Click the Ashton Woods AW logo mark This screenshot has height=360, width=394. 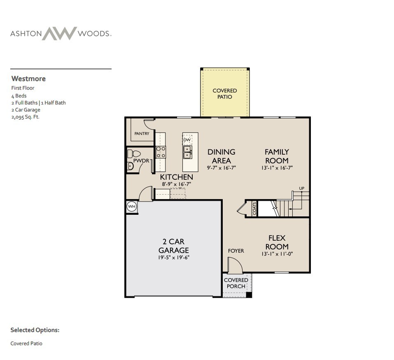[60, 33]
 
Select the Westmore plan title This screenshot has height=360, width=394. [28, 79]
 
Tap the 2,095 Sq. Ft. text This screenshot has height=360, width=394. [25, 117]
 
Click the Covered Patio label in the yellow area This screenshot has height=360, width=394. [224, 94]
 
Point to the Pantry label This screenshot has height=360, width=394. [142, 134]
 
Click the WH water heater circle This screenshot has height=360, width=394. [131, 207]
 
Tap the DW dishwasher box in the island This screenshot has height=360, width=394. [187, 140]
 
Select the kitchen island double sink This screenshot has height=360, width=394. [187, 152]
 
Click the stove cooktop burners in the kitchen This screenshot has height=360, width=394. [161, 152]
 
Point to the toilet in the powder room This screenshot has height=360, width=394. [135, 154]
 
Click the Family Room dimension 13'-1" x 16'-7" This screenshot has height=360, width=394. [277, 168]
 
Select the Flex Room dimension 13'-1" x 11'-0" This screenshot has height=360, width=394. [277, 254]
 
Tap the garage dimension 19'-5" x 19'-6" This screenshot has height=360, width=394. [173, 258]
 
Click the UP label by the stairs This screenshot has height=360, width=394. [302, 188]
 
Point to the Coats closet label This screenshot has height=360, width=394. [254, 208]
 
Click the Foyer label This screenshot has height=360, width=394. [236, 251]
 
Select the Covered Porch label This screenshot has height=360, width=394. [236, 283]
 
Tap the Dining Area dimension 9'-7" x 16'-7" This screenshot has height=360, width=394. [221, 168]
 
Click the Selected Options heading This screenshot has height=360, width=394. [35, 330]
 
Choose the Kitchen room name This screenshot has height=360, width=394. [176, 177]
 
